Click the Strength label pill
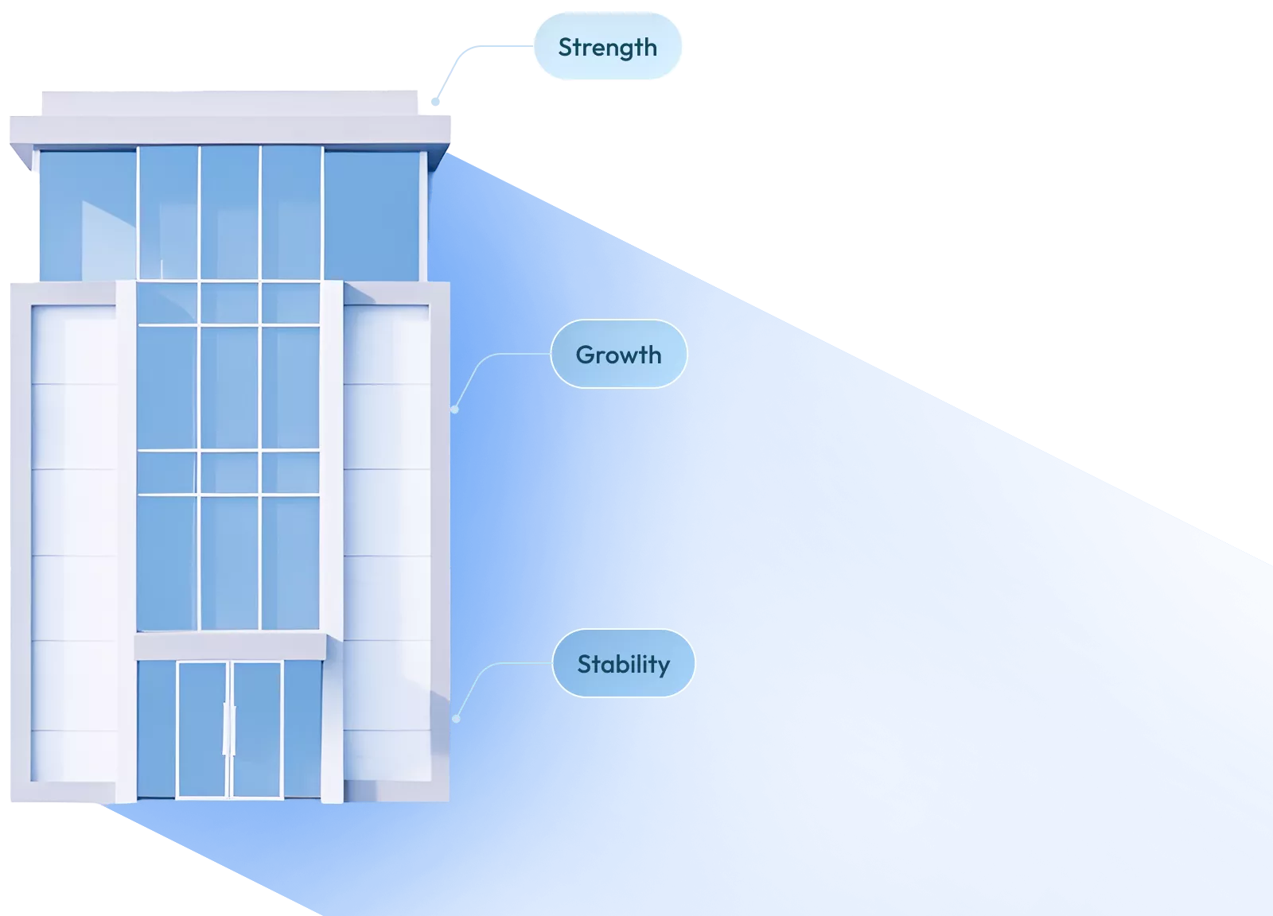click(607, 48)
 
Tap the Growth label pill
click(618, 355)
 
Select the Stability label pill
click(623, 664)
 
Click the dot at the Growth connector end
click(454, 409)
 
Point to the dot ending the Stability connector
click(456, 719)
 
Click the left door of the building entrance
click(202, 728)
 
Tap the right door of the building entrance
click(256, 728)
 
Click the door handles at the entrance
click(229, 728)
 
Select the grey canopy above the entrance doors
click(230, 646)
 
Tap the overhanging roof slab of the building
click(229, 130)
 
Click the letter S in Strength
click(565, 48)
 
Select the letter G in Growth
click(585, 355)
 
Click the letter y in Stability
click(663, 667)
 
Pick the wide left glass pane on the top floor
click(87, 215)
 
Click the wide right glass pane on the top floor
click(371, 215)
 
